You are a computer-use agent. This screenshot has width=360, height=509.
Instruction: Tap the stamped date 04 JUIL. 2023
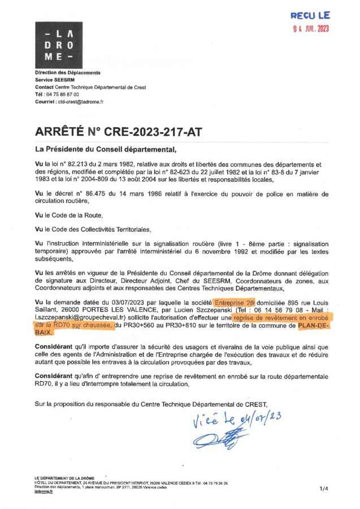(x=311, y=28)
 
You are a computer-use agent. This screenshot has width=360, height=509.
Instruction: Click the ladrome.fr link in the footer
(x=43, y=491)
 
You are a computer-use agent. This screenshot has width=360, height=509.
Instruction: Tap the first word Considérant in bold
(x=57, y=346)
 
